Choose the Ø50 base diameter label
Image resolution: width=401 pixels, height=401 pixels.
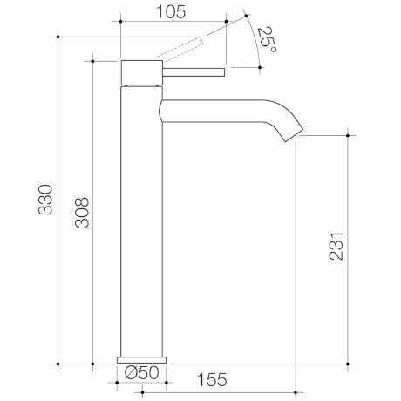click(x=141, y=372)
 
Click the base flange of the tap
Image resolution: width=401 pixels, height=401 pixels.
click(x=141, y=358)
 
